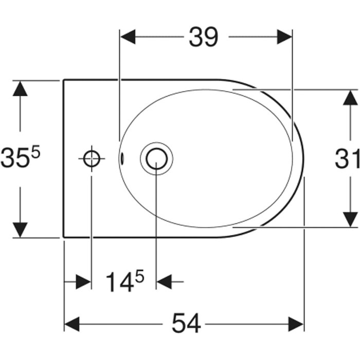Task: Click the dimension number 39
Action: (x=204, y=37)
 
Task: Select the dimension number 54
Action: (x=186, y=323)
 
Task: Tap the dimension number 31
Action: (x=347, y=158)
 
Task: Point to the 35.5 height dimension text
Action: (x=20, y=156)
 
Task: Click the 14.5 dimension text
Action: (x=124, y=281)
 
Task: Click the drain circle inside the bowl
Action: (x=156, y=158)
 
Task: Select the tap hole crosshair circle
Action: (x=92, y=158)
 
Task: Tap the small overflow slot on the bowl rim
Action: (x=122, y=158)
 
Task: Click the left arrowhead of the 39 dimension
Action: (x=128, y=37)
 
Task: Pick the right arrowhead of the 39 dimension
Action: (x=284, y=37)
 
